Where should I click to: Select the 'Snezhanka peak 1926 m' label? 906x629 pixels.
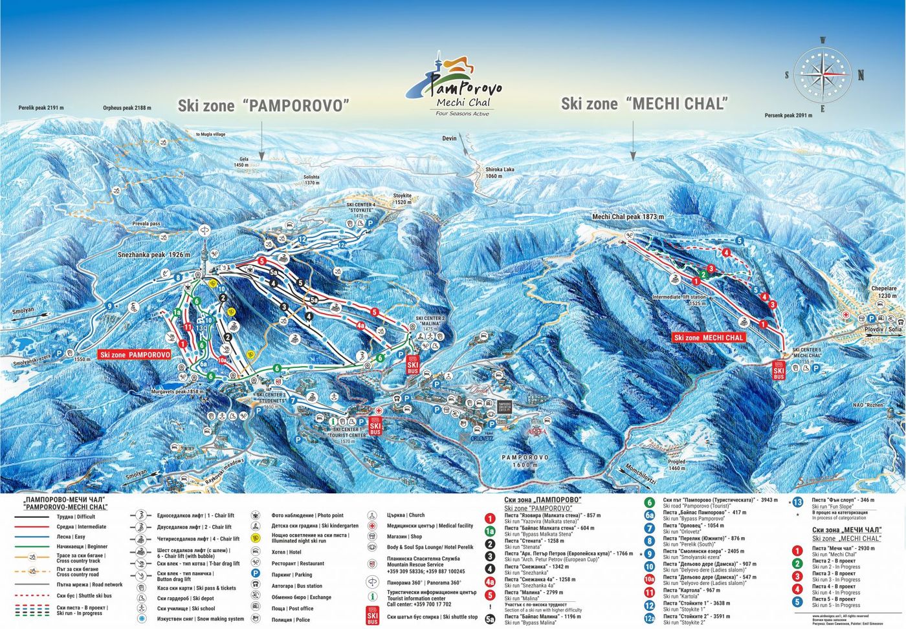154,255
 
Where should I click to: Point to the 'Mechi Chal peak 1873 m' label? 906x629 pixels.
628,217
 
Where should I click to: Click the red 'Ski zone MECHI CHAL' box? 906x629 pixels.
709,337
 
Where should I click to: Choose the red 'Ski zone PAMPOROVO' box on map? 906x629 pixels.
135,355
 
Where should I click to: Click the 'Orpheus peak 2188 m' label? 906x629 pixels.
127,108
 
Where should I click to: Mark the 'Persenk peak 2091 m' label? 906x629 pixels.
788,116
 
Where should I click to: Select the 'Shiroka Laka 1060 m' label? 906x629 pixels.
500,173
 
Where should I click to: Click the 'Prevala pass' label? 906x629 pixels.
146,224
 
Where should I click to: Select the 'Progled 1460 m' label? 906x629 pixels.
677,465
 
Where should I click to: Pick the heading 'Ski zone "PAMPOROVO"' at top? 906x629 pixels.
263,105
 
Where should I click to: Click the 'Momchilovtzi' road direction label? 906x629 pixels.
641,475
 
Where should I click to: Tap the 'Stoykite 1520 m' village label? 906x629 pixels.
403,198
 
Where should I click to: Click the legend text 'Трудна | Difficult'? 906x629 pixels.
76,517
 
